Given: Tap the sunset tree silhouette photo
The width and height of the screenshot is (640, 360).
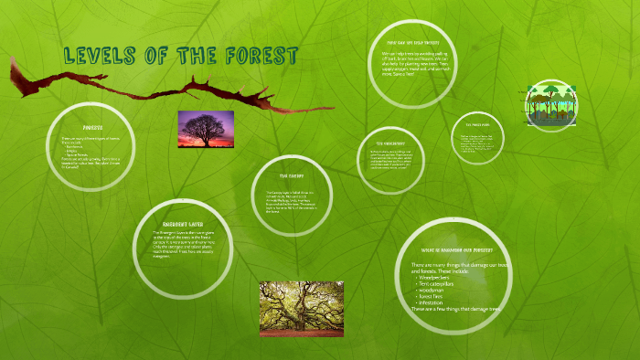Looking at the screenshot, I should click(x=205, y=129).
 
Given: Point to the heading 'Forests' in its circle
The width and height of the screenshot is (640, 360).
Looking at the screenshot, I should click(x=92, y=129).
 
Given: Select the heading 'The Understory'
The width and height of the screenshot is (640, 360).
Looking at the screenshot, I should click(x=390, y=143).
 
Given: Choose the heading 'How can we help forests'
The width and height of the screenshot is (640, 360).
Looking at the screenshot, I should click(x=418, y=42).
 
